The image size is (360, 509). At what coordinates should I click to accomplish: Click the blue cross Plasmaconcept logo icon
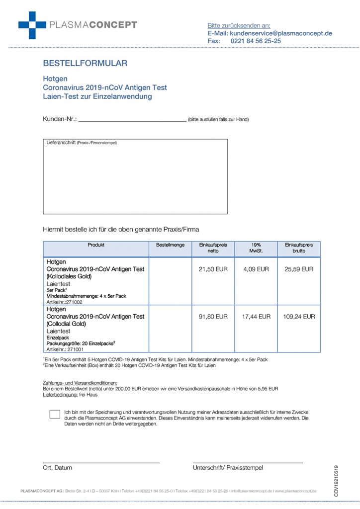pyautogui.click(x=32, y=25)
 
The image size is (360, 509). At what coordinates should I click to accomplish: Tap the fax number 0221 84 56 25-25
pyautogui.click(x=256, y=41)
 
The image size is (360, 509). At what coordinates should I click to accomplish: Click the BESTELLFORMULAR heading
pyautogui.click(x=85, y=63)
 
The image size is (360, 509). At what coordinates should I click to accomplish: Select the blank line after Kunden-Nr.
pyautogui.click(x=132, y=120)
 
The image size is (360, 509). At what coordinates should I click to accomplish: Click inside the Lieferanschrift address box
pyautogui.click(x=135, y=179)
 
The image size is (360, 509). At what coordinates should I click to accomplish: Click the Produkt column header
pyautogui.click(x=96, y=245)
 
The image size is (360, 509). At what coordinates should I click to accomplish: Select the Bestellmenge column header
pyautogui.click(x=170, y=245)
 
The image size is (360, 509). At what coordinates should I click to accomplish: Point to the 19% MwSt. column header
pyautogui.click(x=256, y=248)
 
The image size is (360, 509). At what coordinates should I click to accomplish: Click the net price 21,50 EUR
pyautogui.click(x=213, y=269)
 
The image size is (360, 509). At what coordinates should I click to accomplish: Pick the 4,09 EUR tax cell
pyautogui.click(x=256, y=269)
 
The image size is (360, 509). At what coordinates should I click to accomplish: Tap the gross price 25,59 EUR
pyautogui.click(x=299, y=269)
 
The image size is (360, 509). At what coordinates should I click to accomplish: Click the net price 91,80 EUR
pyautogui.click(x=213, y=316)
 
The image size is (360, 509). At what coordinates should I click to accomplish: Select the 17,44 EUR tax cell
pyautogui.click(x=256, y=316)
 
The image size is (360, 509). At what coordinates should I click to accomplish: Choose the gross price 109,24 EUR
pyautogui.click(x=299, y=316)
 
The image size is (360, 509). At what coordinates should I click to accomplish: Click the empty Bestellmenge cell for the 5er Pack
pyautogui.click(x=170, y=281)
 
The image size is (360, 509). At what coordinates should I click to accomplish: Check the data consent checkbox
pyautogui.click(x=55, y=414)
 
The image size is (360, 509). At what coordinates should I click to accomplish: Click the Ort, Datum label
pyautogui.click(x=58, y=468)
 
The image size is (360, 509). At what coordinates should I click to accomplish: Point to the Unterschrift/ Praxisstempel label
pyautogui.click(x=228, y=468)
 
